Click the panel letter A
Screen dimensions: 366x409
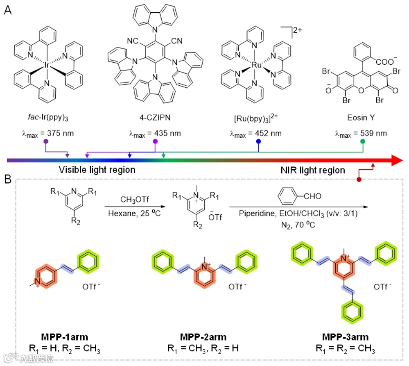pos(7,11)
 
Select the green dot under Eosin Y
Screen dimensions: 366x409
pos(362,141)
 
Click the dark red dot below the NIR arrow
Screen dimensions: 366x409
pos(359,179)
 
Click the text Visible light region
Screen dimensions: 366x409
pos(97,170)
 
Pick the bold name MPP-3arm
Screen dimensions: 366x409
pos(345,337)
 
